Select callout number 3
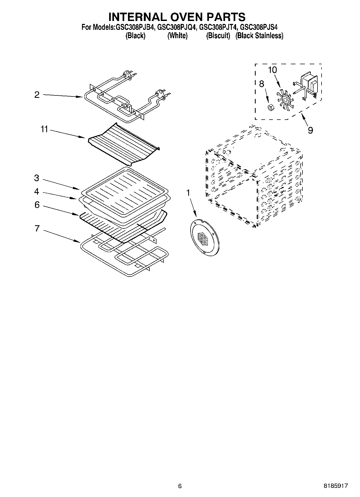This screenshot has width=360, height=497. (x=37, y=178)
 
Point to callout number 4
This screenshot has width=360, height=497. (x=37, y=192)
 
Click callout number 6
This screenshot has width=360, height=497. (x=37, y=205)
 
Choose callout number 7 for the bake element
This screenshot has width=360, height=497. (x=37, y=228)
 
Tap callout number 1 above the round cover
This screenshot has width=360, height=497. (x=188, y=193)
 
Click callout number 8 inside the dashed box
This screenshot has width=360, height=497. (x=261, y=84)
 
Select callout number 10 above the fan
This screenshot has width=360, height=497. (x=272, y=70)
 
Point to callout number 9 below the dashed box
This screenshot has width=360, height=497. (x=310, y=130)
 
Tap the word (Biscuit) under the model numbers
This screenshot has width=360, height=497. (x=218, y=36)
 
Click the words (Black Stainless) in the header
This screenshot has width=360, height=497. (x=259, y=36)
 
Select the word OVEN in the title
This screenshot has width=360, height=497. (x=176, y=17)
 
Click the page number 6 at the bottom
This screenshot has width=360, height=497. (x=180, y=486)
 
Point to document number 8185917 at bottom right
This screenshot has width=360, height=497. (x=336, y=486)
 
